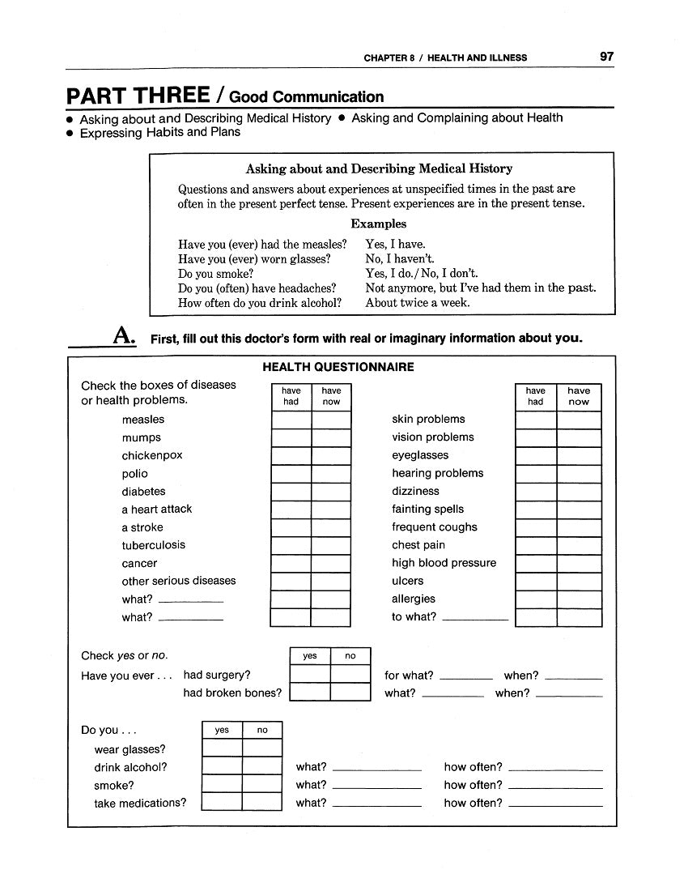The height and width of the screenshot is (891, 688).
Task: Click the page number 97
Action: (607, 57)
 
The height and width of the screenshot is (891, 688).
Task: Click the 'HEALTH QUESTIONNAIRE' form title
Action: (338, 367)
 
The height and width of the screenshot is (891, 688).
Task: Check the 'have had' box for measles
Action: (291, 420)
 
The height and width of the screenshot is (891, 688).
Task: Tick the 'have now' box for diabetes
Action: (331, 492)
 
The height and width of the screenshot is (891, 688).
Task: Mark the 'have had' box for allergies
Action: (536, 599)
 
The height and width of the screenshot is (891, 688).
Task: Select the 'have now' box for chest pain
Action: (579, 546)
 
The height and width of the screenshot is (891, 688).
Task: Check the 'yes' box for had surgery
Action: (310, 675)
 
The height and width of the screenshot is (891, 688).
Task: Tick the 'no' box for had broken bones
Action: (350, 693)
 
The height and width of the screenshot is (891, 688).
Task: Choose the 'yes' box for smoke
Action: (222, 784)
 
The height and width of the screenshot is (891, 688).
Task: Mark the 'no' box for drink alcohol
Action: (262, 766)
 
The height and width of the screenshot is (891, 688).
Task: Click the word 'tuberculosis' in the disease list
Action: (154, 545)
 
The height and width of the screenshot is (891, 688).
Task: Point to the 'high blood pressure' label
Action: (444, 563)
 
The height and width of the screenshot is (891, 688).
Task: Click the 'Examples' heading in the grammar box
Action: (379, 224)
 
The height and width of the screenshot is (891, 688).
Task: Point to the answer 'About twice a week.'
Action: (418, 303)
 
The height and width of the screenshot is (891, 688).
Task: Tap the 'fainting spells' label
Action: (428, 509)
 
